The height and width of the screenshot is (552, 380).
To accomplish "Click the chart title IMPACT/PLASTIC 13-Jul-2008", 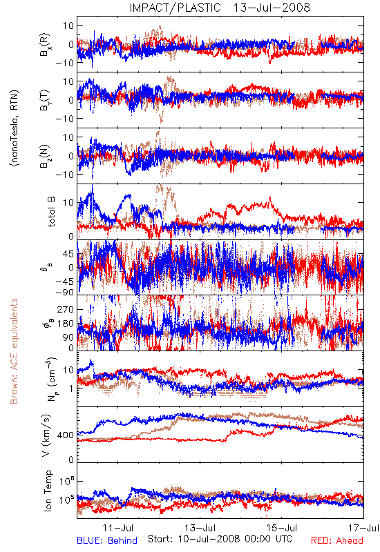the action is pyautogui.click(x=220, y=8).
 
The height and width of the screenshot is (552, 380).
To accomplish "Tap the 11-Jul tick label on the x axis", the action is pyautogui.click(x=118, y=528).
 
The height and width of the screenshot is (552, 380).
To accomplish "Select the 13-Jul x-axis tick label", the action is pyautogui.click(x=200, y=528).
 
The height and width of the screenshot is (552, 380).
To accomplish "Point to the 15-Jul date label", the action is pyautogui.click(x=282, y=528).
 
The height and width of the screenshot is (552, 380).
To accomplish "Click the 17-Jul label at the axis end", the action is pyautogui.click(x=364, y=528).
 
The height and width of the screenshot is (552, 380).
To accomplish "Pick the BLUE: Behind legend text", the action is pyautogui.click(x=107, y=540).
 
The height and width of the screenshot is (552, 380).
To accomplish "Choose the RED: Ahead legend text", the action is pyautogui.click(x=336, y=540).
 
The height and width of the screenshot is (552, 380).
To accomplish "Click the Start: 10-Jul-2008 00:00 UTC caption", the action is pyautogui.click(x=220, y=539).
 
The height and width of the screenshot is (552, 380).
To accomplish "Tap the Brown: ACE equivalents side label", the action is pyautogui.click(x=14, y=351).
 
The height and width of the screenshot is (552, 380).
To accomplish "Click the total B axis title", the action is pyautogui.click(x=51, y=212).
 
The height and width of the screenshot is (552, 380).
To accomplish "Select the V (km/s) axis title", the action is pyautogui.click(x=46, y=435).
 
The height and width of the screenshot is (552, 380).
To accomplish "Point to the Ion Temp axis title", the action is pyautogui.click(x=48, y=491).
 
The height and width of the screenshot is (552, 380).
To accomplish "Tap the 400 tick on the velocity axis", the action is pyautogui.click(x=66, y=435).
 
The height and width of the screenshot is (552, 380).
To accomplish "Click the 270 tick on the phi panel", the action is pyautogui.click(x=66, y=309).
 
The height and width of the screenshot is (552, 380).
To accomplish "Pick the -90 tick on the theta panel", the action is pyautogui.click(x=65, y=292).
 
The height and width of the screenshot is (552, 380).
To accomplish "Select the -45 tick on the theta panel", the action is pyautogui.click(x=65, y=282).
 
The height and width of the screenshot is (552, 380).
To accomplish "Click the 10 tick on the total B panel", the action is pyautogui.click(x=68, y=203).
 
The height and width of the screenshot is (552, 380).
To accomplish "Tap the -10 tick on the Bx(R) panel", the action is pyautogui.click(x=65, y=63).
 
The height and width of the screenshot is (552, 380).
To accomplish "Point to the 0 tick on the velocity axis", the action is pyautogui.click(x=72, y=460).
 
